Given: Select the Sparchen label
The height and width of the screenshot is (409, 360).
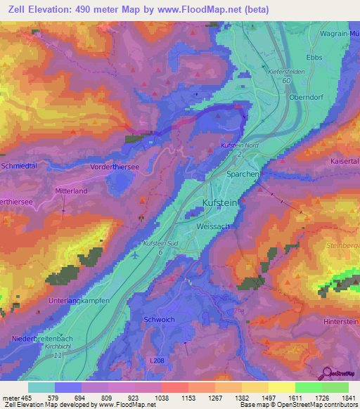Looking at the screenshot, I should [243, 174].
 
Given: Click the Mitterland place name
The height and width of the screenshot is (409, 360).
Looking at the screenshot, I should [71, 190].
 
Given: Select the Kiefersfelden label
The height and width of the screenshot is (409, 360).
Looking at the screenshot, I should [288, 72].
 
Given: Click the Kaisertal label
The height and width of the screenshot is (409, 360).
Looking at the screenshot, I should [345, 161].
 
